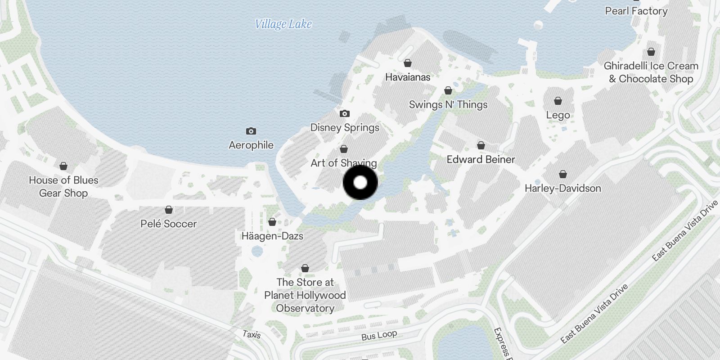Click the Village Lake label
point(283,24)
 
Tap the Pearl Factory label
point(636,11)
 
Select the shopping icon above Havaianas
point(408,63)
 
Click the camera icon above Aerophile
point(251,131)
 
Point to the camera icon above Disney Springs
point(345,113)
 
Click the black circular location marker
point(360,183)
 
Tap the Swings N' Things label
point(448,104)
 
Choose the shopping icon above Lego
point(558,101)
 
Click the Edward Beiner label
point(481,159)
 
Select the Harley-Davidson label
point(562,188)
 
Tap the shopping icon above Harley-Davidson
point(563,174)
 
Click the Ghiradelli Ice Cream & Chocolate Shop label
point(651,72)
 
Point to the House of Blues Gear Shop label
point(63,186)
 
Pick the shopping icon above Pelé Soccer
point(169,210)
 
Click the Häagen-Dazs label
point(272,236)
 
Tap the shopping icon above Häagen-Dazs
point(272,222)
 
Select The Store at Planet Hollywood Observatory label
point(305,295)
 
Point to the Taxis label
point(251,334)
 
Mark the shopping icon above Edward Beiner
point(481,145)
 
